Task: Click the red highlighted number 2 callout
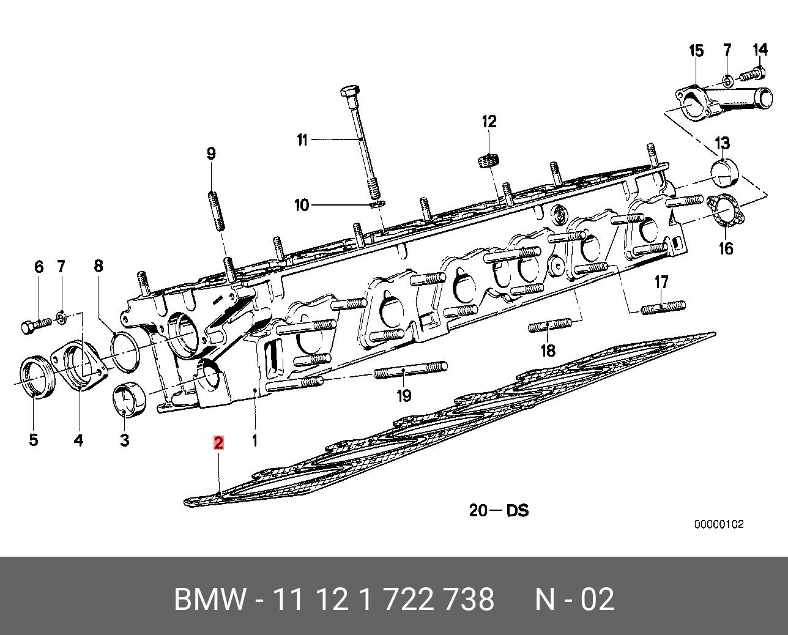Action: [218, 443]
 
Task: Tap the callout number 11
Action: [302, 140]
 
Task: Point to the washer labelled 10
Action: [377, 202]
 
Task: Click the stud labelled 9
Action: [215, 211]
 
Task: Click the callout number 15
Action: [697, 51]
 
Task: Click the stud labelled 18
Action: [549, 325]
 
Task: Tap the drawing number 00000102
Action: [718, 524]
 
